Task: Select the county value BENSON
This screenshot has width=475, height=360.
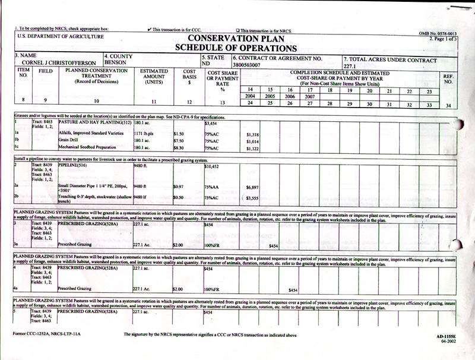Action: click(116, 62)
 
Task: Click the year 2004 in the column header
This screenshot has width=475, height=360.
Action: click(251, 96)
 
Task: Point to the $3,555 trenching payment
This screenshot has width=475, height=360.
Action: click(252, 197)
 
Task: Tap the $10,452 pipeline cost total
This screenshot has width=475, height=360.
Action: click(212, 167)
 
